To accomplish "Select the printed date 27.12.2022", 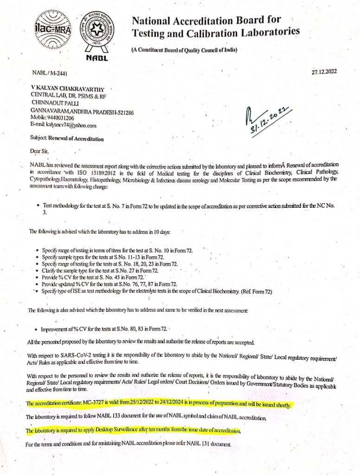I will (x=324, y=71).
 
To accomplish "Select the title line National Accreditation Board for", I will (x=207, y=20).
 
